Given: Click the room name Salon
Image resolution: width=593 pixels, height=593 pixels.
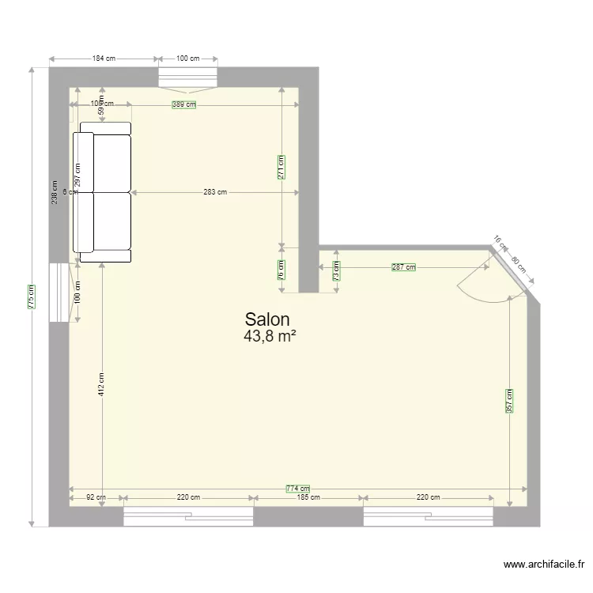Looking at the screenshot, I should [268, 319].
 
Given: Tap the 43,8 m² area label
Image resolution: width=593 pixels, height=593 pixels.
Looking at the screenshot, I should [270, 337].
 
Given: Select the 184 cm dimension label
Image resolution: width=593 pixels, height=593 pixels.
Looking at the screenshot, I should [104, 59].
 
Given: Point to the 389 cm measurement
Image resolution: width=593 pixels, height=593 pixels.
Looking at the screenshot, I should [184, 104].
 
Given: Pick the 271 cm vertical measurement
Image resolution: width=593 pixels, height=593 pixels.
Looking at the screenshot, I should [282, 167].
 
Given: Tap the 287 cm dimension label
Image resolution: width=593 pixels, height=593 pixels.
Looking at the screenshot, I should [403, 268].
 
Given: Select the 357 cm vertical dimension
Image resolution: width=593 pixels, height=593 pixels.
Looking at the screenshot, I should [510, 400].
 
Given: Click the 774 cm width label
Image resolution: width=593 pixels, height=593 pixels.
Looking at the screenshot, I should [298, 489].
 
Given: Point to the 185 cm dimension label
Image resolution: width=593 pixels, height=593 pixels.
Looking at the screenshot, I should [308, 498].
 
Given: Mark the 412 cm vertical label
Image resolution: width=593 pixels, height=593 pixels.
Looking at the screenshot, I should [102, 383].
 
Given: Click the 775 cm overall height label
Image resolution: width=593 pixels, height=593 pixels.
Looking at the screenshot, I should [31, 296].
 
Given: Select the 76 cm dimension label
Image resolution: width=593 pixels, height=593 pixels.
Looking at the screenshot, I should [282, 270].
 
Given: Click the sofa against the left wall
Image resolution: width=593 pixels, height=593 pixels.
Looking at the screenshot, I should [103, 192].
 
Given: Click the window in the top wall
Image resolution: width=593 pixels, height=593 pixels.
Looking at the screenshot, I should [187, 77].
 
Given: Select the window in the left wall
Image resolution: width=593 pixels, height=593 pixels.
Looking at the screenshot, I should [59, 293].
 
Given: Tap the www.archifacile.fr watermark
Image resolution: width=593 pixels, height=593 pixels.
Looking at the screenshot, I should [543, 565].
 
